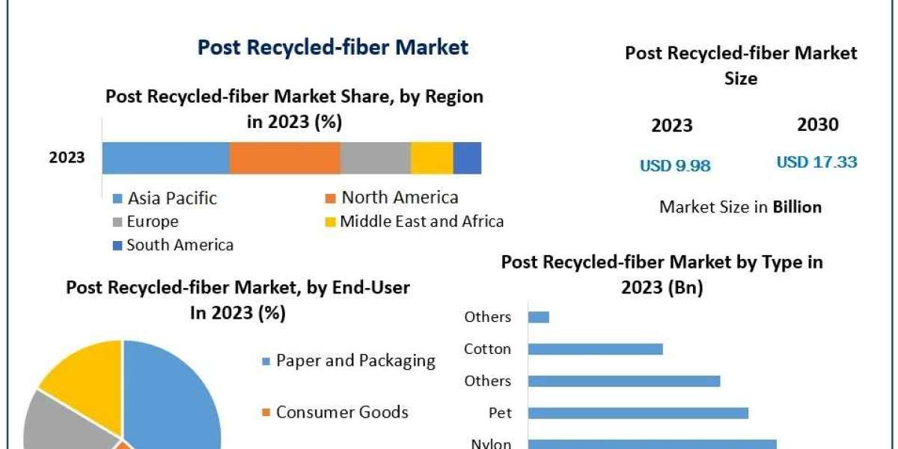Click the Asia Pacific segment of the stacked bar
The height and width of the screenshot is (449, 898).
(x=165, y=158)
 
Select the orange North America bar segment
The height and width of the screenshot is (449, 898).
(x=284, y=158)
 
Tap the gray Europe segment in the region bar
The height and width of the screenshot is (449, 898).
(x=375, y=158)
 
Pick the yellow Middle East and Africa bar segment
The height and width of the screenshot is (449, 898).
(x=432, y=158)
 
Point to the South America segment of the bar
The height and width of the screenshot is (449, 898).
(x=467, y=158)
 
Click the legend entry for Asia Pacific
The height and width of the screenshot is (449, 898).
(x=171, y=198)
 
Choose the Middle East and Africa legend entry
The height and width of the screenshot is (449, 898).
(x=421, y=222)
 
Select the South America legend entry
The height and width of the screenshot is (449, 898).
(x=179, y=245)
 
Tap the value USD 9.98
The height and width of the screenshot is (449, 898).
(x=675, y=165)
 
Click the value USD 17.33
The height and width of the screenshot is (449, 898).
(x=816, y=162)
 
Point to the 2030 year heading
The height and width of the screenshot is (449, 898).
(x=817, y=125)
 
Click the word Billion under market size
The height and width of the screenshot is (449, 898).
(x=797, y=207)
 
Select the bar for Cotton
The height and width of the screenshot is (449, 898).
(x=595, y=349)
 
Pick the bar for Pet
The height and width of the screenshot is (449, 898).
(x=638, y=412)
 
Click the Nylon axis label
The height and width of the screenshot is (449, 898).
(x=491, y=444)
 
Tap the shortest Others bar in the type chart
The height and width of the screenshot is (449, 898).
(x=538, y=317)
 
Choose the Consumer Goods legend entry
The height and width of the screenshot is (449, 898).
(x=341, y=412)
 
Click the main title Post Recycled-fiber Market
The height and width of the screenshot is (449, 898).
(x=332, y=48)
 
